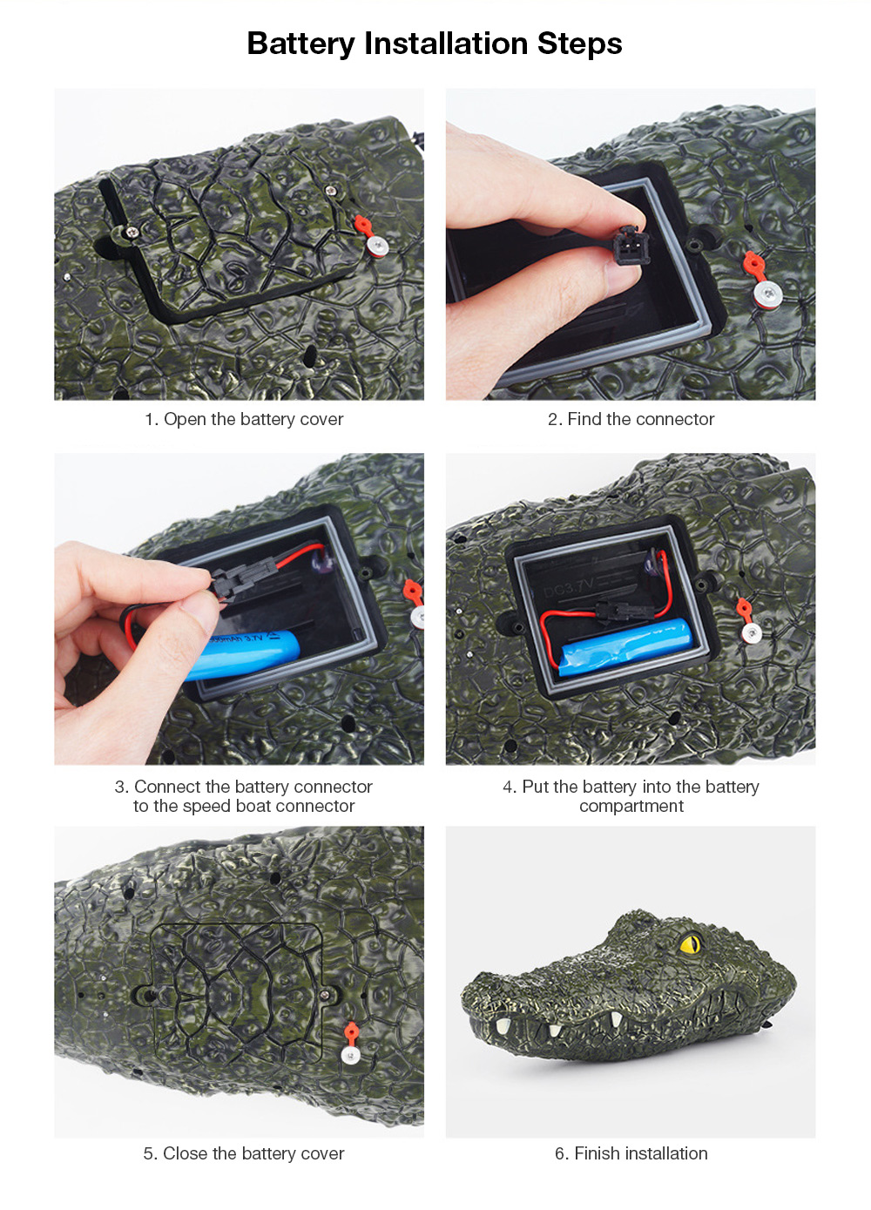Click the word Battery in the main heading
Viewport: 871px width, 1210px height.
[x=300, y=44]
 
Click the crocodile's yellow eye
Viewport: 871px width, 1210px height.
[x=690, y=944]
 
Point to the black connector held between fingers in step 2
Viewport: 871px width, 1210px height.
[x=630, y=245]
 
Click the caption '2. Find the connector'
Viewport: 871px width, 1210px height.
[x=631, y=419]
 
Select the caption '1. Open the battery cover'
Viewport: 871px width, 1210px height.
[x=244, y=419]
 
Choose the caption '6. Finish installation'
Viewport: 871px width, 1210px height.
[x=631, y=1153]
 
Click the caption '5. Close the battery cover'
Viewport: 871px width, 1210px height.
[x=244, y=1153]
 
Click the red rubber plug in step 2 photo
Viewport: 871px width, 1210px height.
[x=753, y=266]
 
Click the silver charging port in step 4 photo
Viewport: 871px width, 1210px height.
[x=751, y=633]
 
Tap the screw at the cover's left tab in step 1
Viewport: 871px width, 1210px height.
[x=132, y=233]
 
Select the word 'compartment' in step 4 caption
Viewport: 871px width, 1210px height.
[x=631, y=806]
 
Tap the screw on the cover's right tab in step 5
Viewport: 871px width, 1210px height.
[x=326, y=995]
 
